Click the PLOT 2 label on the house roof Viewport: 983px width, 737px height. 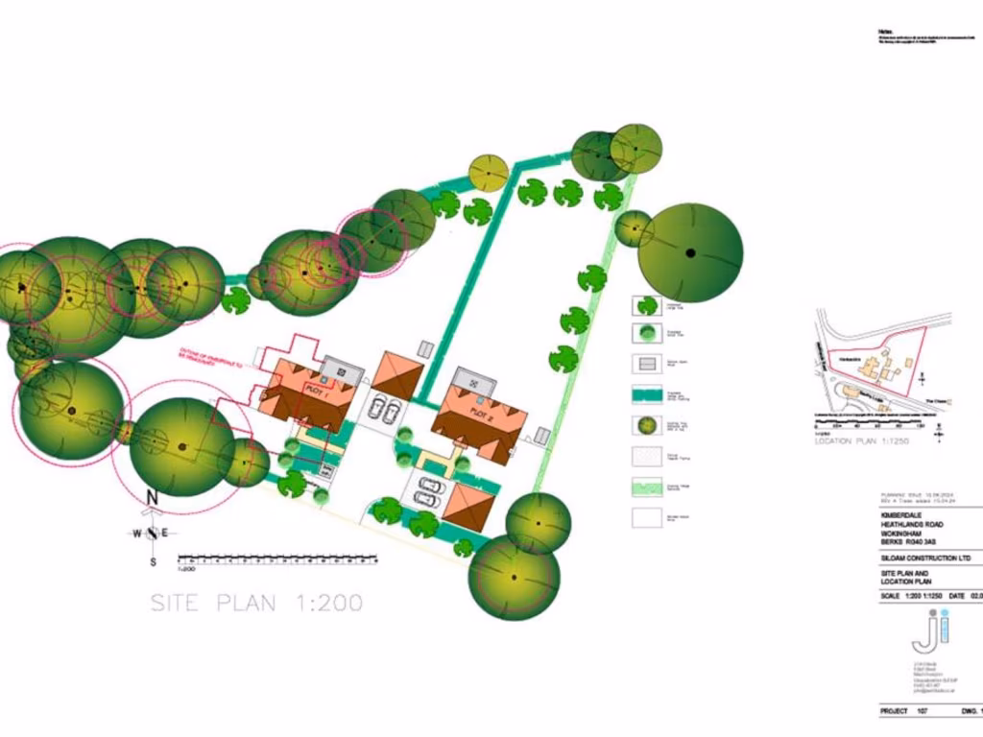pos(481,412)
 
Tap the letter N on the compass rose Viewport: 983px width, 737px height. pos(152,497)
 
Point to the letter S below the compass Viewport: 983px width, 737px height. pos(153,561)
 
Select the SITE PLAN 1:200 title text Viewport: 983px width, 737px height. pos(256,604)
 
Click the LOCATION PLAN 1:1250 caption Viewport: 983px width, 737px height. pos(860,441)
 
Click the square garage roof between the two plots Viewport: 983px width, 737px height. pos(397,373)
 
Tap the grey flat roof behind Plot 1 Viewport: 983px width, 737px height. pos(343,368)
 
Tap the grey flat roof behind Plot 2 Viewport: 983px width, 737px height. pos(475,381)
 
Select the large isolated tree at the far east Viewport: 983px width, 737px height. pos(690,252)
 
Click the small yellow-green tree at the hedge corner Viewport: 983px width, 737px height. pos(488,173)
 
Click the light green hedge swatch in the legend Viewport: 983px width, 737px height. pos(648,487)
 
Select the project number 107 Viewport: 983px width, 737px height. pos(922,712)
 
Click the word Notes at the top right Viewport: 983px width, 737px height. pos(886,32)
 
